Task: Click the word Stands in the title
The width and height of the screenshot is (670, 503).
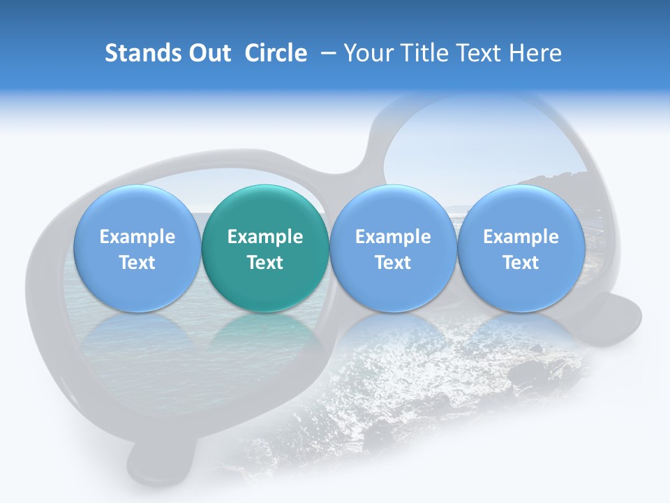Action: [x=140, y=53]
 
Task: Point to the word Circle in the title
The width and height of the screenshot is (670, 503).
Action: [x=276, y=53]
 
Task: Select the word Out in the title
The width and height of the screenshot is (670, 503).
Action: [x=207, y=53]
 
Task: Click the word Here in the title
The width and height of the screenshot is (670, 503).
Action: [x=535, y=53]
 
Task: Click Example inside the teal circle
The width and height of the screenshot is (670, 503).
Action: [x=265, y=237]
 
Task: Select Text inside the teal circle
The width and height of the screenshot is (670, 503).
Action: [x=265, y=263]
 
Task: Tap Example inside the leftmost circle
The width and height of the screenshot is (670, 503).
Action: [x=137, y=237]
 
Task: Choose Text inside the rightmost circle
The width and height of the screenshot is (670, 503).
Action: [x=521, y=263]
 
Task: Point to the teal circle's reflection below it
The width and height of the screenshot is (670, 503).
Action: [x=265, y=335]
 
